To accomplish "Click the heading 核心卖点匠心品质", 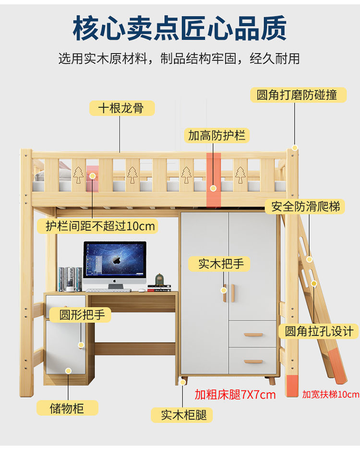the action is coord(180,28).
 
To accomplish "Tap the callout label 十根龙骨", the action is coord(122,108).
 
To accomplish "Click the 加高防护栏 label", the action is coord(216,135).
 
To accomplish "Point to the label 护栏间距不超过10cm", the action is coord(100,225).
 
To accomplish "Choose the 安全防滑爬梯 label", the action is coord(305,207).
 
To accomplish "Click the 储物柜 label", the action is coord(67,408).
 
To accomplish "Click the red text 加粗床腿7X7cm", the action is coord(235,395).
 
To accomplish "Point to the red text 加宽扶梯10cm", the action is coord(330,395).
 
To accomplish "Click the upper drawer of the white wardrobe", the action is coord(252,334).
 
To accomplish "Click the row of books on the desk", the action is coord(70,279).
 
